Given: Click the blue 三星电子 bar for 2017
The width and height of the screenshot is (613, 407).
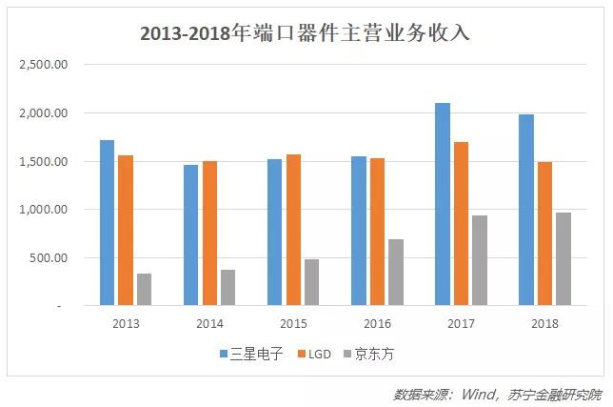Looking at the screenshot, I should point(442,204).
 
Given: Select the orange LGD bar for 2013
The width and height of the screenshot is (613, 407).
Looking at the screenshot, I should point(126,230).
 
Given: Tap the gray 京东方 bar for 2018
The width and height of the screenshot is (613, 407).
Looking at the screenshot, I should point(564,258).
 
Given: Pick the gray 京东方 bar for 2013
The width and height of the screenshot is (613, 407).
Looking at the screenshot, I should point(144,289).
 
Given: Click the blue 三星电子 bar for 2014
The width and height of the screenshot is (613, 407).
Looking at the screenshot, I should point(191,234).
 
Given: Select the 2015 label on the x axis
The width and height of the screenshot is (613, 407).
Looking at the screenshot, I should point(293,324).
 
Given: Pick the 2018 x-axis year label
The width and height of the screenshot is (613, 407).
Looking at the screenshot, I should point(544,324).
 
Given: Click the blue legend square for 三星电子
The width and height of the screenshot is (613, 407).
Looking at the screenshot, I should point(224,354).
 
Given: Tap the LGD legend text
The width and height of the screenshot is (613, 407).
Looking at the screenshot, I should point(321,354).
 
